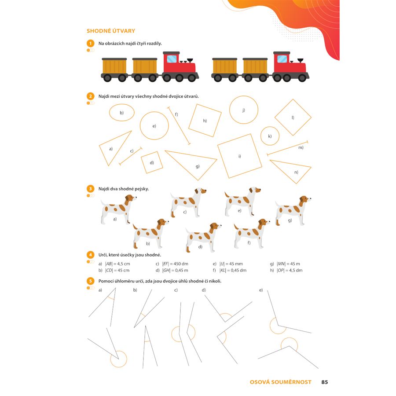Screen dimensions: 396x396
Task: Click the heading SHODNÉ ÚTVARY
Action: (110, 31)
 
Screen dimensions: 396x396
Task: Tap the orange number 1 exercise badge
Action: (90, 43)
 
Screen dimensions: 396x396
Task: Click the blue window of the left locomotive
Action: (172, 59)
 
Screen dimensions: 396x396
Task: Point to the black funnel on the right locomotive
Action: (300, 61)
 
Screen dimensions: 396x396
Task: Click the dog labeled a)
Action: (118, 209)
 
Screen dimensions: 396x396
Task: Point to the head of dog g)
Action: (305, 201)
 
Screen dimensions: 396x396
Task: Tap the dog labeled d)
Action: (203, 238)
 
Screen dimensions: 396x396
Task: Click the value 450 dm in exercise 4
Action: (181, 264)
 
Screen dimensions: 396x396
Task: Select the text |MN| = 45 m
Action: (289, 264)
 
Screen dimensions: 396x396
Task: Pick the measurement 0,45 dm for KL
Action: (238, 270)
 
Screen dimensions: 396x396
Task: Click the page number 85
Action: (325, 382)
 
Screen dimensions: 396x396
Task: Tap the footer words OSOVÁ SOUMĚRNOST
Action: (281, 382)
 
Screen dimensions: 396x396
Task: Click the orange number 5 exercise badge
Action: (90, 281)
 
